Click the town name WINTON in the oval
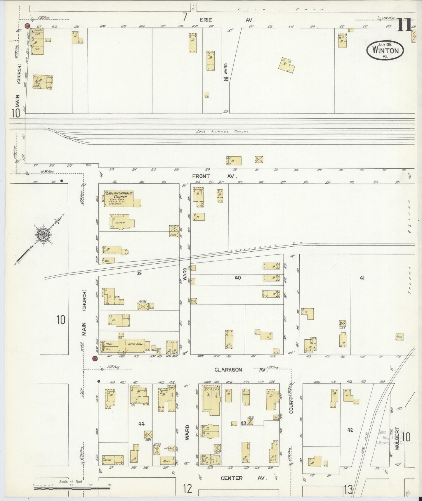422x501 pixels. tap(385, 50)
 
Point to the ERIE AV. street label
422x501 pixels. tap(226, 20)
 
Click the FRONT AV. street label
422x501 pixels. tap(214, 176)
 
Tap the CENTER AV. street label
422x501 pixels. tap(243, 478)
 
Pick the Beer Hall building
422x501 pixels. tap(135, 344)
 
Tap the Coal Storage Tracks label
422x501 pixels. tap(222, 132)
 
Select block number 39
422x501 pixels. tap(139, 273)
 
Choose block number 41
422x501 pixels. tap(362, 278)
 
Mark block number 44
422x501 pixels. tap(141, 424)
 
